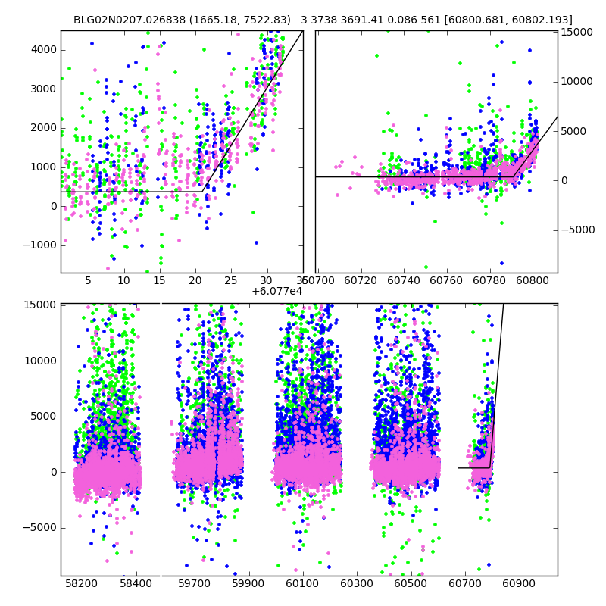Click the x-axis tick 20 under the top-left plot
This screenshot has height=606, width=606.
[196, 280]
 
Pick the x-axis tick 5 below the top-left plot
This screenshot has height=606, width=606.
[89, 280]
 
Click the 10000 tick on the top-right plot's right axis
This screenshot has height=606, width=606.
[576, 82]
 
